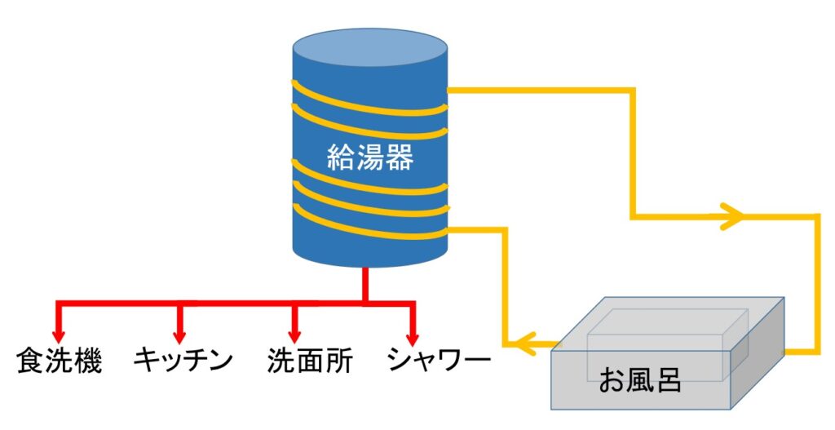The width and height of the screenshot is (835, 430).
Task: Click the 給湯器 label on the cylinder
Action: tap(370, 155)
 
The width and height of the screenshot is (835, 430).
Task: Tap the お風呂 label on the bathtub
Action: tap(639, 380)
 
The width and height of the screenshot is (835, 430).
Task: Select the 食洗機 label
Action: tap(59, 361)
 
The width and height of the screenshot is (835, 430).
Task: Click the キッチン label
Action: tap(183, 361)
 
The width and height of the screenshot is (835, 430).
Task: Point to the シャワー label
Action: tap(439, 361)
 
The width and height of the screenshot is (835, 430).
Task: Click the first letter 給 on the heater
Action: tap(341, 155)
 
